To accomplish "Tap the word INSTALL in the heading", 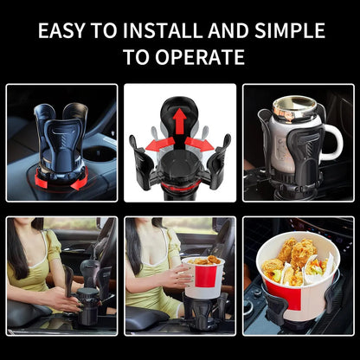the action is [x=162, y=30].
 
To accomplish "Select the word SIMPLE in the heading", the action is [x=290, y=30].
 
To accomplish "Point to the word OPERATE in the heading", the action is [x=200, y=57].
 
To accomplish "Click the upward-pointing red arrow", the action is [x=180, y=121].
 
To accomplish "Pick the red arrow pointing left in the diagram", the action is [x=159, y=145].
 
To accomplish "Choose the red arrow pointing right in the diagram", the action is [x=199, y=145].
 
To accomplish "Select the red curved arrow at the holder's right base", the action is [x=80, y=179].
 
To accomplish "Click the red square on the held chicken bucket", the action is [x=205, y=276].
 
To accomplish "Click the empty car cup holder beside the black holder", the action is [x=99, y=153].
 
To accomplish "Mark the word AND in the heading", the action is [x=228, y=30].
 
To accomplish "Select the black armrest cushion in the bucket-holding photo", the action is [x=146, y=319].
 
